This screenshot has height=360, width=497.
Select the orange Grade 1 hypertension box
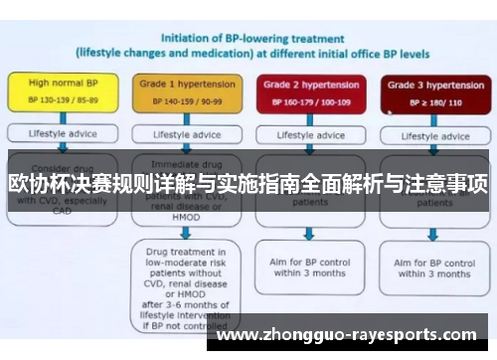click(181, 92)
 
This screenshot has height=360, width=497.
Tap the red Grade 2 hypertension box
click(309, 92)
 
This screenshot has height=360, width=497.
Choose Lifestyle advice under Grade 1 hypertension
click(181, 133)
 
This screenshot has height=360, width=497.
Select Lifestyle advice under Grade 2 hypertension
click(309, 134)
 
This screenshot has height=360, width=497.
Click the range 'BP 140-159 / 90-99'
click(181, 101)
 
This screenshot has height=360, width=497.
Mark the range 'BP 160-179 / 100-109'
click(309, 101)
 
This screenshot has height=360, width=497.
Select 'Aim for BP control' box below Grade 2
click(309, 266)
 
